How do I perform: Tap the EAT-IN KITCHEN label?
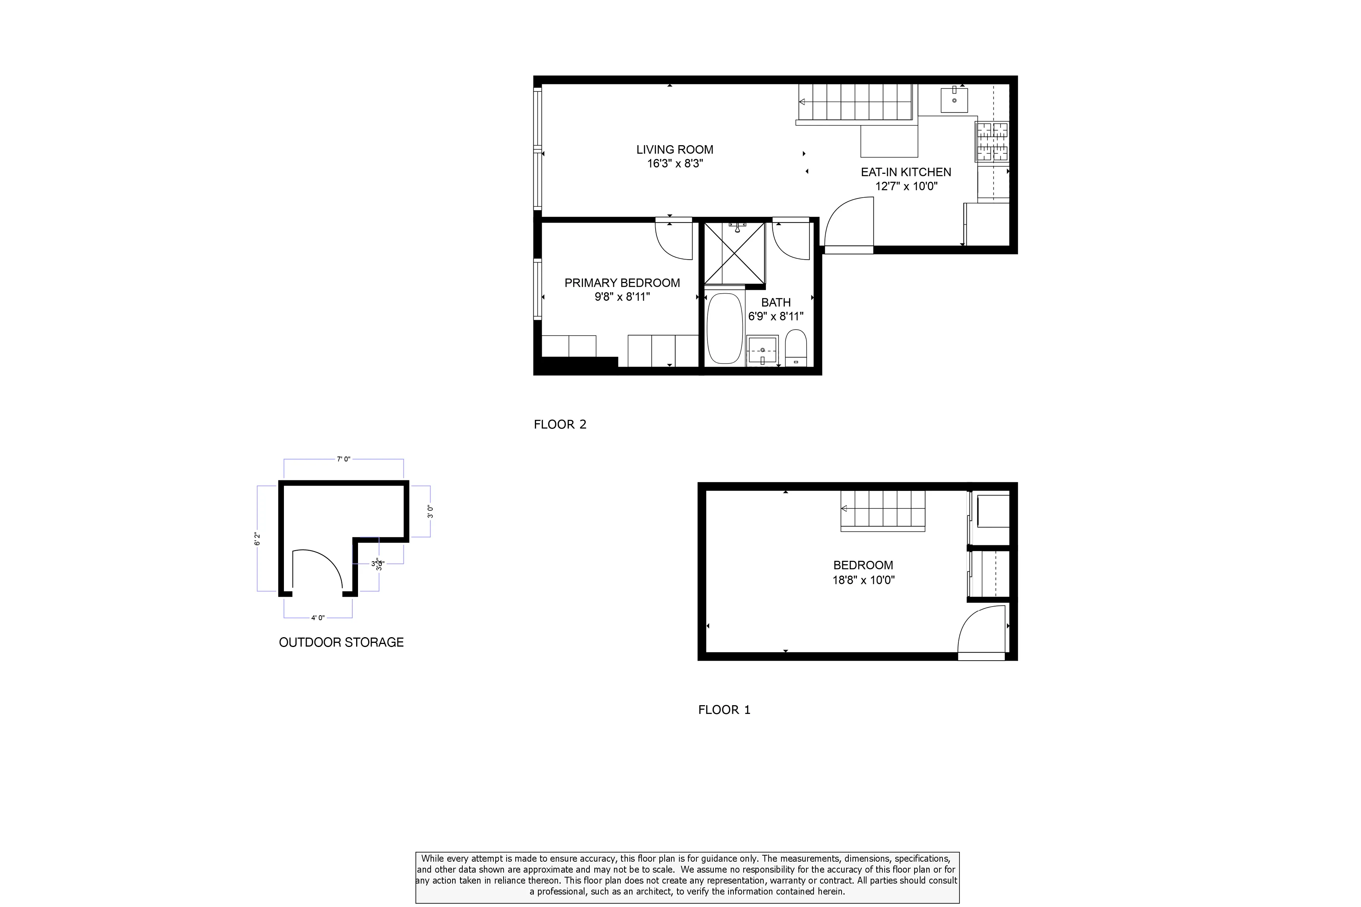905,172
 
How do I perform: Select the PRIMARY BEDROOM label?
622,283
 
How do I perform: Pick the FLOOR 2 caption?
560,424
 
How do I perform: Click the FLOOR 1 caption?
724,710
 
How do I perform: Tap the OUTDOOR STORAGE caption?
341,642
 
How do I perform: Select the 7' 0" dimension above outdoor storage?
343,459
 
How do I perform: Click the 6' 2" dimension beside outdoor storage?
257,539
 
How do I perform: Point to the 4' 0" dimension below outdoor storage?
318,618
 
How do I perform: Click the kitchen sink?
953,101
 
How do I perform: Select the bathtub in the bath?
724,328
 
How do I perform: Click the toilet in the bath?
796,347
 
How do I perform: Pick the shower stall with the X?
734,253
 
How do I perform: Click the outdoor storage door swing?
317,570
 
